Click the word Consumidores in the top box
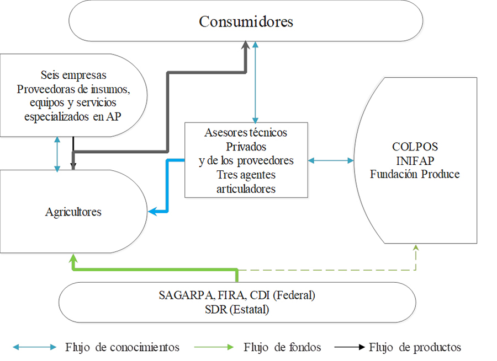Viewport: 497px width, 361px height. [246, 22]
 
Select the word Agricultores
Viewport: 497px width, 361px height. [73, 212]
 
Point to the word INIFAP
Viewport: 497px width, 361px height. [415, 161]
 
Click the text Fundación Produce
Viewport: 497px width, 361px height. [415, 174]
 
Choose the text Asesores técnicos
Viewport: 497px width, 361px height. [246, 133]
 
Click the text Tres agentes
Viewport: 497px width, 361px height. [246, 175]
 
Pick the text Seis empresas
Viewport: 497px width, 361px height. [73, 75]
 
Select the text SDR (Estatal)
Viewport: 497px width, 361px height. [236, 310]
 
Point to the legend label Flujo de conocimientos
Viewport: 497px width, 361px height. [122, 347]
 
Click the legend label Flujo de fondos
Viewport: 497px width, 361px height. [282, 347]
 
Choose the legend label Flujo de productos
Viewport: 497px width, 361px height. [415, 347]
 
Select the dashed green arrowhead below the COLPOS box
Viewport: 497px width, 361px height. [416, 248]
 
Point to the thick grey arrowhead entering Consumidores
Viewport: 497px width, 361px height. [246, 46]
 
